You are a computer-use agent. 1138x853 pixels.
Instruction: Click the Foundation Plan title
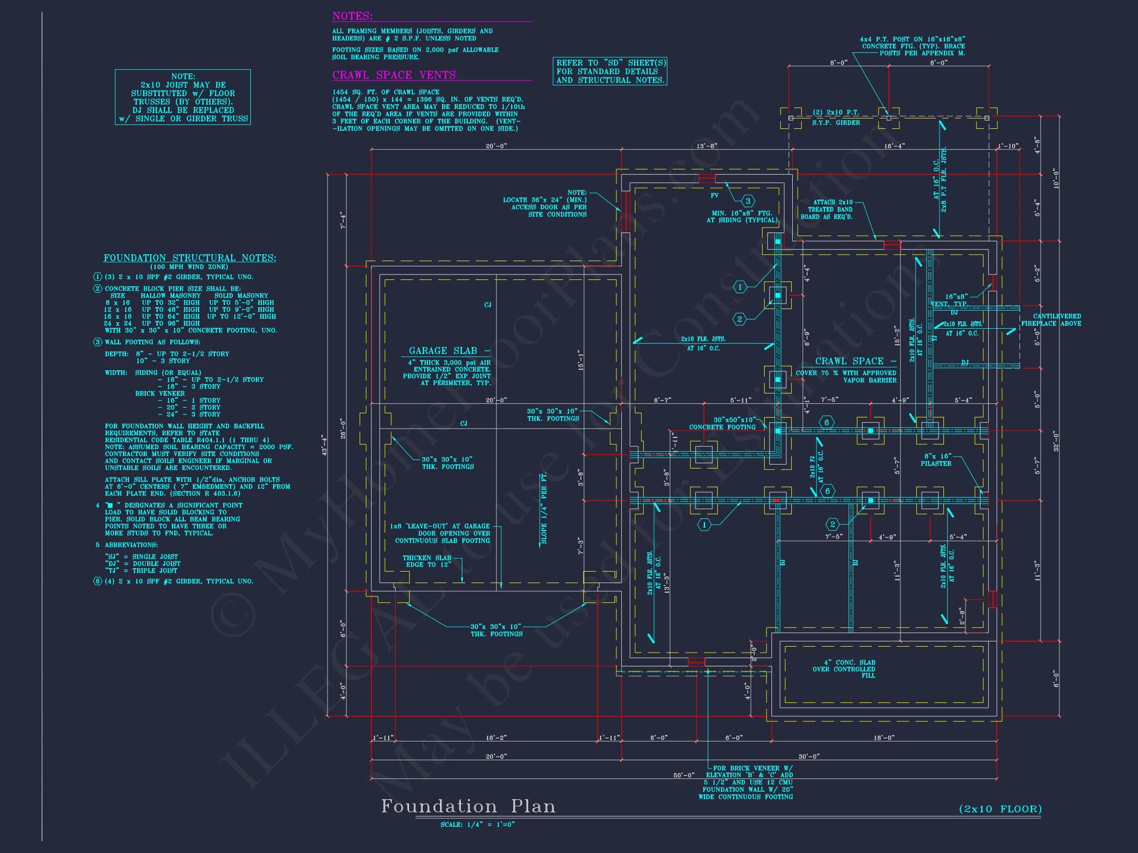point(468,806)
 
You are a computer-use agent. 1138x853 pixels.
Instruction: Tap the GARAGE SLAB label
point(443,350)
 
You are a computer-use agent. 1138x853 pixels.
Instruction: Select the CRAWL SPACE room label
point(849,361)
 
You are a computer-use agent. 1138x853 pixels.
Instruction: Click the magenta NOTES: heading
point(352,16)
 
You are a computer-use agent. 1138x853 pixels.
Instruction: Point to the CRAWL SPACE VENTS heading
point(394,75)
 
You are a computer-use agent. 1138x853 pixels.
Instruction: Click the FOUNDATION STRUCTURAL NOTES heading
point(190,258)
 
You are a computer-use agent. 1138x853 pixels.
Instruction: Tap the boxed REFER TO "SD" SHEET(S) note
point(610,72)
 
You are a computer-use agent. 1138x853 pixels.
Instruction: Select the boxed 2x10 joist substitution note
point(183,97)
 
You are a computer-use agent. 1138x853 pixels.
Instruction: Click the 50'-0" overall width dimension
point(684,775)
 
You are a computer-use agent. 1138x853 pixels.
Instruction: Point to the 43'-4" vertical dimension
point(324,445)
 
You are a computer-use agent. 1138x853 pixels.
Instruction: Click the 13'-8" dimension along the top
point(706,146)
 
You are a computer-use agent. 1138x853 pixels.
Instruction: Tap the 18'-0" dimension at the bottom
point(884,738)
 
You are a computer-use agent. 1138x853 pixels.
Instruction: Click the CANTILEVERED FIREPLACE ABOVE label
point(1051,320)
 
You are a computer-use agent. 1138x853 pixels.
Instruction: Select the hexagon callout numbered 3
point(748,200)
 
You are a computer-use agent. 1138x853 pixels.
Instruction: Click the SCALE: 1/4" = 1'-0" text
point(478,825)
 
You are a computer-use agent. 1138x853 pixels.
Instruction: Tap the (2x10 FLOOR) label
point(1000,809)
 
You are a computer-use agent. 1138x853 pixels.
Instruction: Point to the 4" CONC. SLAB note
point(844,669)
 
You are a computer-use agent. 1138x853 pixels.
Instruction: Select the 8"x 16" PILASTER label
point(936,460)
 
